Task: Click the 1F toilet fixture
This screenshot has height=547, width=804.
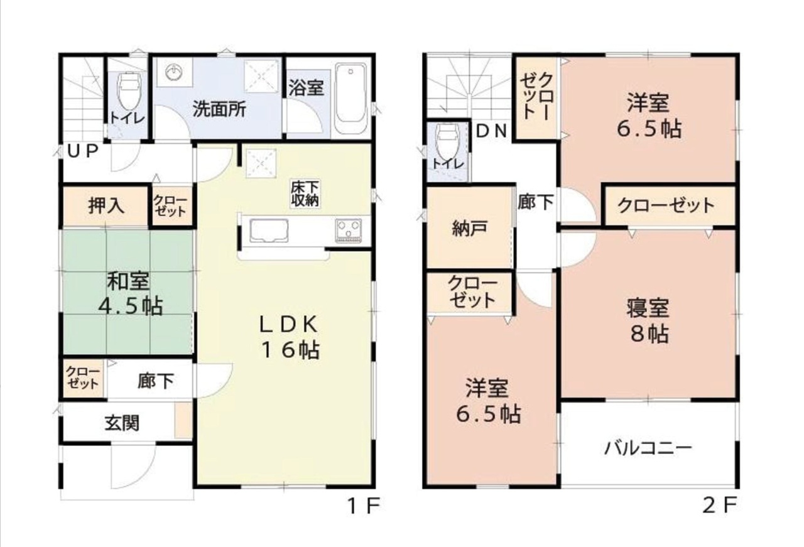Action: click(x=129, y=91)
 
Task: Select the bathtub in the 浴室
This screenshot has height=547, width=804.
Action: click(x=350, y=99)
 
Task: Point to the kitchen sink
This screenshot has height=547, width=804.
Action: click(x=269, y=230)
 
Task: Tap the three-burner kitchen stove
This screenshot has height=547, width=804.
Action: click(x=348, y=229)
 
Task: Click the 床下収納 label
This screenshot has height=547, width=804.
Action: click(x=305, y=194)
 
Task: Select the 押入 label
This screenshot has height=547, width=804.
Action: click(x=106, y=206)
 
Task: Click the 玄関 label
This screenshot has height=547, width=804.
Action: click(x=122, y=423)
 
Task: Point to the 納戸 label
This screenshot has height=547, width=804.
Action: click(x=469, y=228)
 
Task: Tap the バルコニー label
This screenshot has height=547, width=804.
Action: click(x=648, y=448)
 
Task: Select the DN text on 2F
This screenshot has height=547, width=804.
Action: click(x=491, y=131)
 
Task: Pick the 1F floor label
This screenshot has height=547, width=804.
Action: click(x=364, y=506)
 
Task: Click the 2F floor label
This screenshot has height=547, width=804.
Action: click(x=720, y=506)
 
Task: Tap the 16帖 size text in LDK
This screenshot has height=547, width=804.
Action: click(x=290, y=350)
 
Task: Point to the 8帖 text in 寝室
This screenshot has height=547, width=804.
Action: click(x=649, y=334)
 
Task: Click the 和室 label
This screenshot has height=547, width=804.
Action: click(x=128, y=281)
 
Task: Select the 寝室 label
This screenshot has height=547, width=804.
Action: click(x=648, y=308)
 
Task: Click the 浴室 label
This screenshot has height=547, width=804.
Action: click(x=307, y=87)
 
